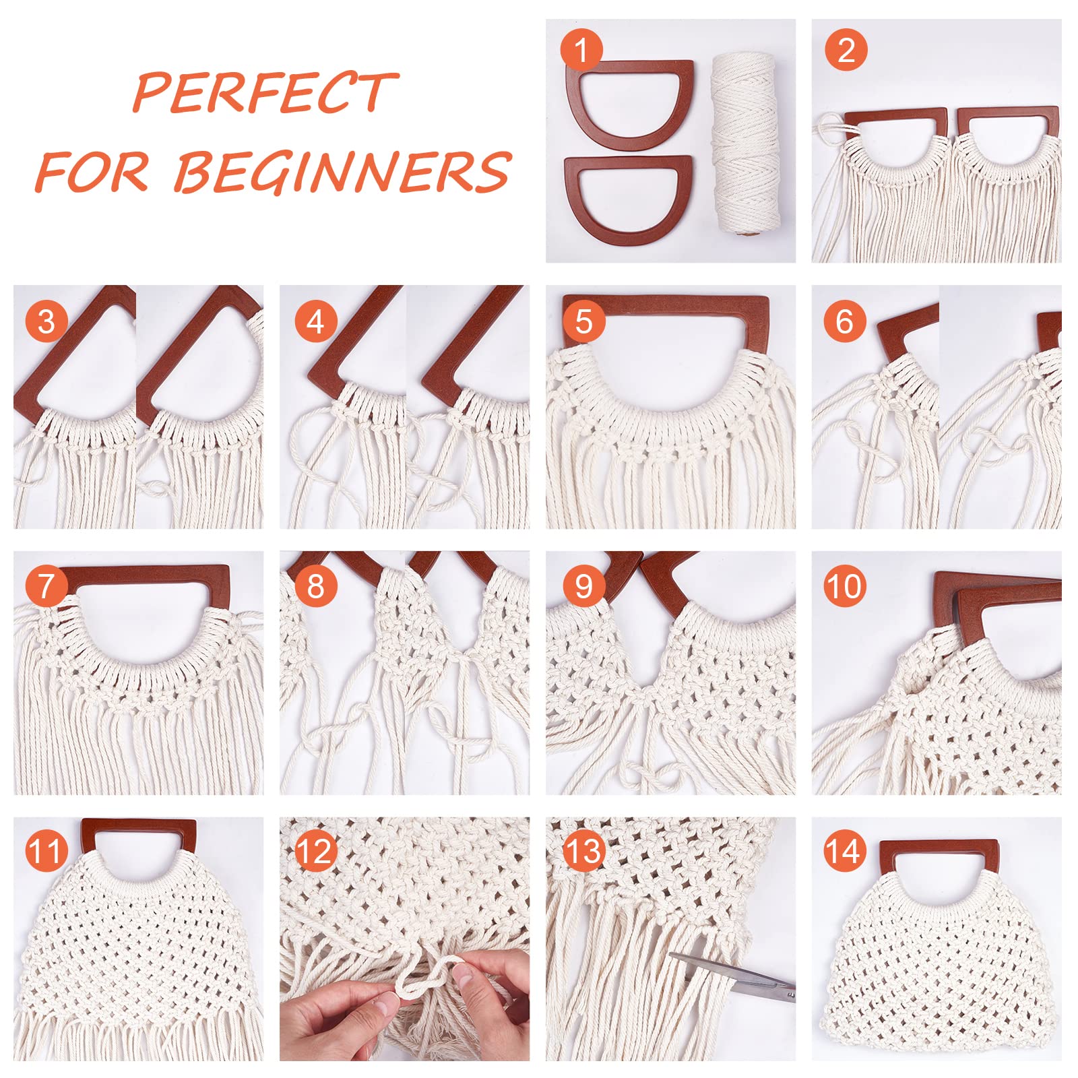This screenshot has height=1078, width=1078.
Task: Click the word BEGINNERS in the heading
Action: coord(343,171)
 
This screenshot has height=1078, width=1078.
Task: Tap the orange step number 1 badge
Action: coord(581,49)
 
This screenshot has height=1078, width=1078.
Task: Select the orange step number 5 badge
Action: coord(583,321)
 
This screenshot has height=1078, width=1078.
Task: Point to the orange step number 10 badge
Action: coord(845,586)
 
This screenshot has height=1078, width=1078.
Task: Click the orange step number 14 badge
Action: coord(845,851)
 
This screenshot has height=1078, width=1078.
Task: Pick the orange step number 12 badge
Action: coord(315,851)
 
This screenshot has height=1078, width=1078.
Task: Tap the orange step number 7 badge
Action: coord(46,585)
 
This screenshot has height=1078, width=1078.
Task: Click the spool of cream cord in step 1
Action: coord(745,144)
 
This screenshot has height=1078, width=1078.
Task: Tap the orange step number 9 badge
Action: coord(583,586)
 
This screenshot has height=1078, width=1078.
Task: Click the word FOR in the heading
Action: coord(92,171)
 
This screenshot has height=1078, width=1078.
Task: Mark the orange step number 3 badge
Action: coord(46,321)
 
